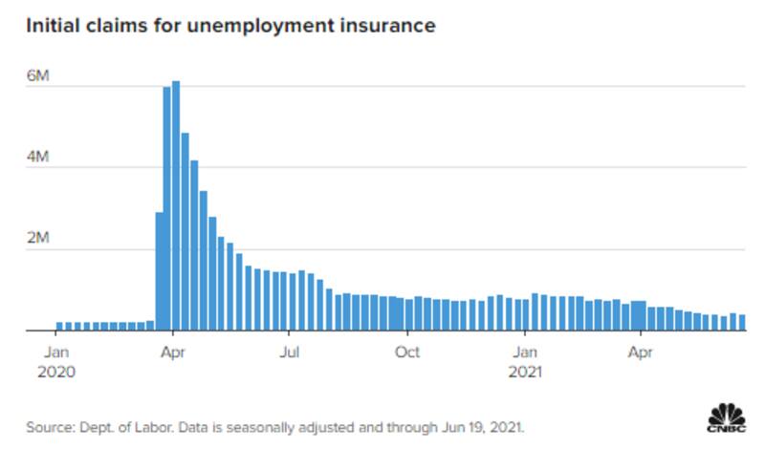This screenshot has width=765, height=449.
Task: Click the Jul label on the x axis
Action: point(290,353)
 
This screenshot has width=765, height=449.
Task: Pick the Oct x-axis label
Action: point(407,353)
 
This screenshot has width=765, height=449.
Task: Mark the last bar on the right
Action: point(741,323)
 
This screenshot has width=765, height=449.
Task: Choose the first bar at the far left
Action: point(58,327)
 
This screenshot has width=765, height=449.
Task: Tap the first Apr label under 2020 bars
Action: point(172,353)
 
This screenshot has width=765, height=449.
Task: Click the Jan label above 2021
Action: point(524,353)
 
